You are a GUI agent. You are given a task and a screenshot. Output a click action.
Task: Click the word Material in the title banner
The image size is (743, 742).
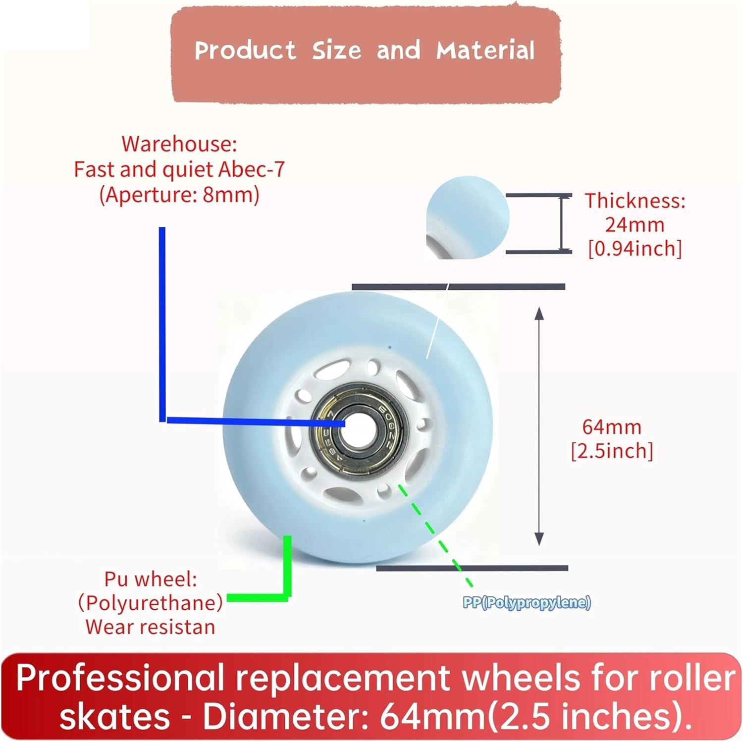point(485,51)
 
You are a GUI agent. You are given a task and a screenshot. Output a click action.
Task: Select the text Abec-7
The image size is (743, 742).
point(252,170)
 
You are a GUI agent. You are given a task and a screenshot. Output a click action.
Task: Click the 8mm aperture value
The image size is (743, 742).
point(228,196)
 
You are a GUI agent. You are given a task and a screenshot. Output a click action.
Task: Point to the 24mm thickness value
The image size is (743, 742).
point(635,225)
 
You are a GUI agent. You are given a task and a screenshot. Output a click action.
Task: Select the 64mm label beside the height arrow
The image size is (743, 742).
point(612,426)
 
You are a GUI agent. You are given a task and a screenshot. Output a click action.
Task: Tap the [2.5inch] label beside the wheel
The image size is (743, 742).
point(612,451)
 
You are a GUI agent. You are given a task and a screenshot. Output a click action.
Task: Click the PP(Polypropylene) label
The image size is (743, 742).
point(527,603)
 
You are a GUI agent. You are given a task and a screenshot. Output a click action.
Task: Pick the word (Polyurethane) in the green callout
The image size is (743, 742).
point(150,603)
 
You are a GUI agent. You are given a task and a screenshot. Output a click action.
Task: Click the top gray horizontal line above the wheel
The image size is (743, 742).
point(458,286)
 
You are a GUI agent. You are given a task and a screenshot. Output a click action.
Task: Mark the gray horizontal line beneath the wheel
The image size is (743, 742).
point(472,568)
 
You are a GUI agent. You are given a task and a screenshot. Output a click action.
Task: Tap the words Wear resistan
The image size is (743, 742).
point(150,627)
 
